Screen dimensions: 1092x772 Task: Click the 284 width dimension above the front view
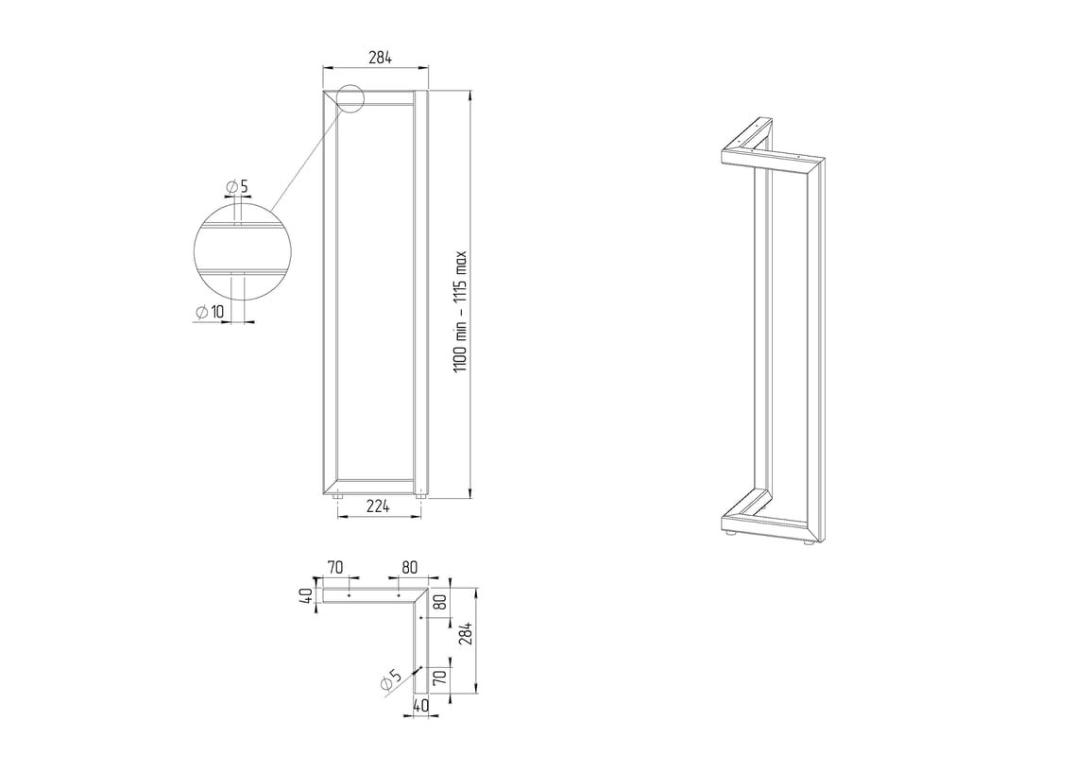381,58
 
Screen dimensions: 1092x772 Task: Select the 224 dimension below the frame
378,506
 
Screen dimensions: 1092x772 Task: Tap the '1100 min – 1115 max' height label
461,311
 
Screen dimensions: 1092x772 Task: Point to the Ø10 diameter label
210,312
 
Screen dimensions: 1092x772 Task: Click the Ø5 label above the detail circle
237,187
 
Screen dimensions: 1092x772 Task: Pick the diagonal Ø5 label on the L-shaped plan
391,680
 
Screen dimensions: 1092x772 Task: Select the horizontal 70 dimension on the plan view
335,568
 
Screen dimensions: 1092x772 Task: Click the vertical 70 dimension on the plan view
439,678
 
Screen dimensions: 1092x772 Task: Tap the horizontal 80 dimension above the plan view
410,568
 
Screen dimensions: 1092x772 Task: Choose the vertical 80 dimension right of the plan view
439,602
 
